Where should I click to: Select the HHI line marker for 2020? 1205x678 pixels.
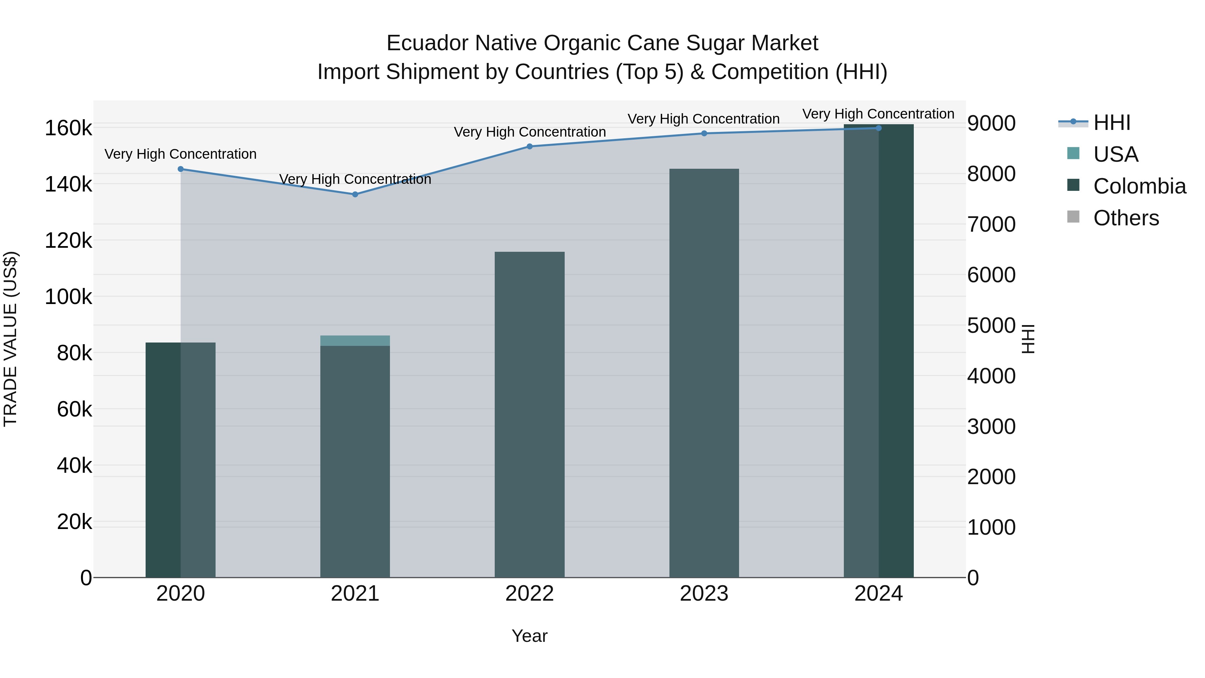[180, 169]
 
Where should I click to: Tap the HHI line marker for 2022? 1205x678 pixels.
[530, 146]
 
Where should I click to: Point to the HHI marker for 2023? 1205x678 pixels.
[704, 133]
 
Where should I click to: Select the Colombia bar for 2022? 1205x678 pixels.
[530, 414]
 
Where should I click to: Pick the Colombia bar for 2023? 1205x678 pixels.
[704, 373]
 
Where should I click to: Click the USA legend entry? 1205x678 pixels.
[1115, 154]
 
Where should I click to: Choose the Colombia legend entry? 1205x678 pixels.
[1139, 186]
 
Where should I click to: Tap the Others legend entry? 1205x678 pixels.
[1126, 218]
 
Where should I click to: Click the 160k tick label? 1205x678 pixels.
[68, 128]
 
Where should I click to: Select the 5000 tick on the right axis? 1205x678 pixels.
[991, 326]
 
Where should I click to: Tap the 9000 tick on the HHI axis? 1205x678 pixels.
[991, 124]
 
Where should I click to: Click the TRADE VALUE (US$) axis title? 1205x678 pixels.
[11, 339]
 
